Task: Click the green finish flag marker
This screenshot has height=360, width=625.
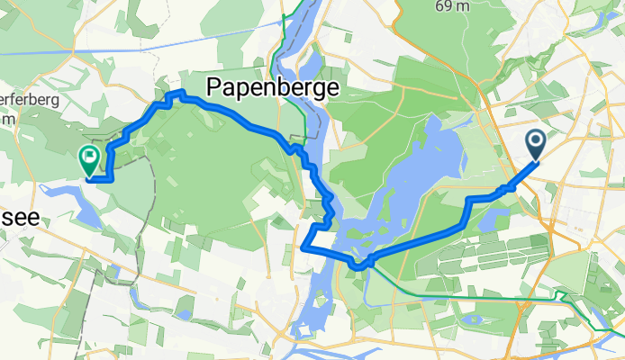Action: [x=90, y=160]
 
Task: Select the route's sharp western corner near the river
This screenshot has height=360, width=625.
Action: [x=303, y=247]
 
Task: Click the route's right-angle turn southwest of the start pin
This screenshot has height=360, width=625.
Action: [x=469, y=198]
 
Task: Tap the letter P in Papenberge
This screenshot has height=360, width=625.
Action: [x=216, y=87]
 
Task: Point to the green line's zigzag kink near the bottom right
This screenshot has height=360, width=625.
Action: [x=559, y=296]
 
